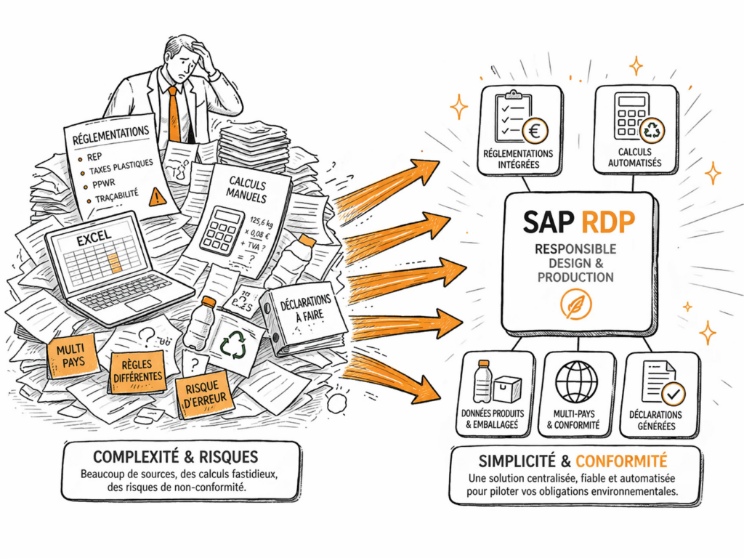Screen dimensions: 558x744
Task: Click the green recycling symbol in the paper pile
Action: [234, 345]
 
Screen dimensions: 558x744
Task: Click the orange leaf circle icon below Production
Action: [575, 306]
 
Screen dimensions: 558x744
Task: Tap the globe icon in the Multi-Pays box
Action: [576, 381]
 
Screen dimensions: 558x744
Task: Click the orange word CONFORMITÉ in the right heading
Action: [621, 461]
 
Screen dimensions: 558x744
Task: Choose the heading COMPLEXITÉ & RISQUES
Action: [175, 457]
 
